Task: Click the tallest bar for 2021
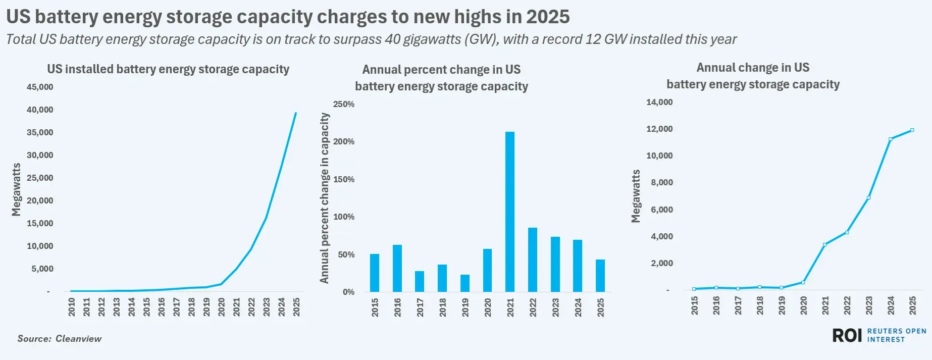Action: pyautogui.click(x=510, y=212)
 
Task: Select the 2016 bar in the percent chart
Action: pyautogui.click(x=397, y=269)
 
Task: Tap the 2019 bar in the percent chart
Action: pyautogui.click(x=465, y=283)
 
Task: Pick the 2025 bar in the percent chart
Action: pyautogui.click(x=600, y=276)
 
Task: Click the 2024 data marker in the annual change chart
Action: pyautogui.click(x=890, y=139)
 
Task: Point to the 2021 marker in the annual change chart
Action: pyautogui.click(x=825, y=245)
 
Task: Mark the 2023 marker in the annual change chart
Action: pyautogui.click(x=868, y=198)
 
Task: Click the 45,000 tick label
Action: pyautogui.click(x=40, y=87)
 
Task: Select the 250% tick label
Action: pyautogui.click(x=344, y=105)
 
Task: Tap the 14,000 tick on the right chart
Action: pyautogui.click(x=659, y=102)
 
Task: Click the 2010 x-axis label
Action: pyautogui.click(x=72, y=307)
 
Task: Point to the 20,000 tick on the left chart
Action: pyautogui.click(x=40, y=201)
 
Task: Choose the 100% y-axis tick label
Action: pyautogui.click(x=344, y=217)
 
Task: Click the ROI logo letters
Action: pyautogui.click(x=847, y=335)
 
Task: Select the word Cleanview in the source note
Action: pyautogui.click(x=78, y=339)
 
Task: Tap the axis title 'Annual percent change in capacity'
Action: pyautogui.click(x=324, y=198)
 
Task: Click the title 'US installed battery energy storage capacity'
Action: pyautogui.click(x=168, y=69)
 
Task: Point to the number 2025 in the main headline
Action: pyautogui.click(x=548, y=17)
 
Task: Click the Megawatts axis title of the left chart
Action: pyautogui.click(x=17, y=190)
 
